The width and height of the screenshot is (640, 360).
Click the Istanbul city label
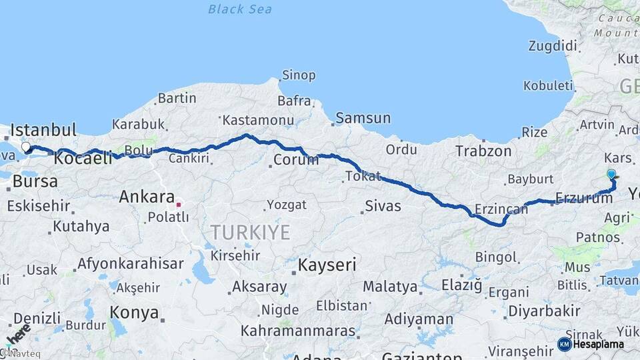coord(44,129)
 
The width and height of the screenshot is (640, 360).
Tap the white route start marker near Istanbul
coord(26,147)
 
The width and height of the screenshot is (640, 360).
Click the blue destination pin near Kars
coord(611,175)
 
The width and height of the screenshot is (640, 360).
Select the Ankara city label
coord(146,197)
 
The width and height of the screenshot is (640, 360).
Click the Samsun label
coord(363,118)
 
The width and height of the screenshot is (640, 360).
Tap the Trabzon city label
coord(483,151)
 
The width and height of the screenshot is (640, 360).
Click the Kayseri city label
coord(327,265)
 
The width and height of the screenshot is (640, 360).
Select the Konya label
coord(134,312)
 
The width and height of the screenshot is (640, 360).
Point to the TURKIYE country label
coord(250,232)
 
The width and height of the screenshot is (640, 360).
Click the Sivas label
coord(383,206)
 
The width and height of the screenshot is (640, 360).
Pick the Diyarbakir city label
coord(544,311)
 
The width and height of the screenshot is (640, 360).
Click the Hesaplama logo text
coord(598,344)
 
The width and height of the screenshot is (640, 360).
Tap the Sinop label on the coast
coord(299,75)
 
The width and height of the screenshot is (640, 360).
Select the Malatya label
coord(390,287)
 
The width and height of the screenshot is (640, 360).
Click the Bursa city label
coord(35,181)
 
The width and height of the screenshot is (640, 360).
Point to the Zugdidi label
coord(552,45)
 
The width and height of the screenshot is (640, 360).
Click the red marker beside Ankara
coord(179,198)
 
